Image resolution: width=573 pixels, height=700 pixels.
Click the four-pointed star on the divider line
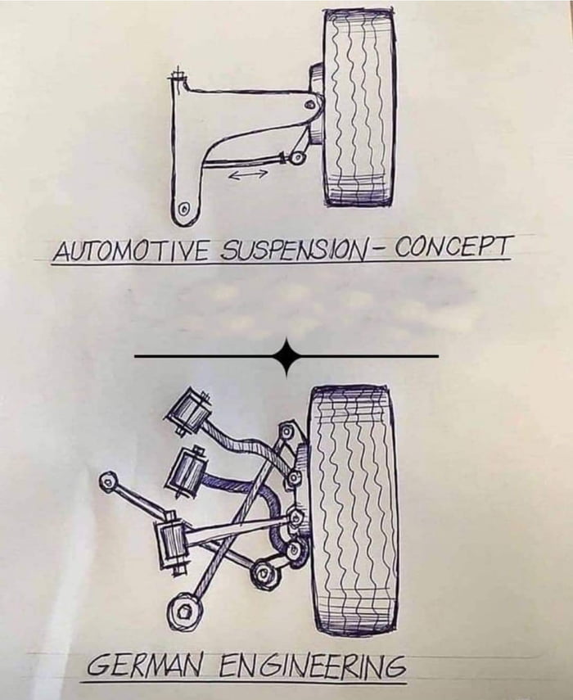(286, 356)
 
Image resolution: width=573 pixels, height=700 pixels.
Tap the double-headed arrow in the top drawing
(247, 174)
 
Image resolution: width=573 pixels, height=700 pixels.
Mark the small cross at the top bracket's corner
(175, 79)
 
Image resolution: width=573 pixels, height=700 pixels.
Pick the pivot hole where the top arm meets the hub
(308, 104)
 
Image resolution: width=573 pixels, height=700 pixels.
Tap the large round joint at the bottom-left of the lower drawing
(181, 610)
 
